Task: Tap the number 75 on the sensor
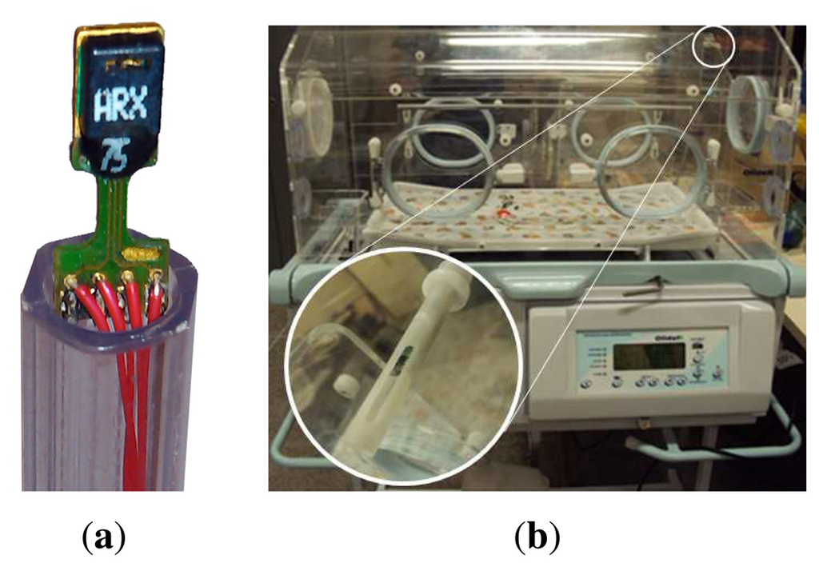pyautogui.click(x=114, y=154)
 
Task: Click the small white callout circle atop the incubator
pyautogui.click(x=713, y=46)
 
